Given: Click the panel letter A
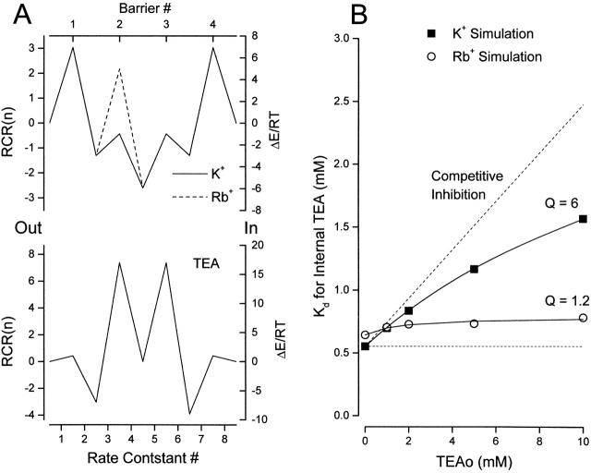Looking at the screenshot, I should coord(13,14).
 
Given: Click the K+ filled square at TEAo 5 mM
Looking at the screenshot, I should coord(475,269).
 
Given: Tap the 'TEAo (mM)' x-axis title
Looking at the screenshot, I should coord(474,461).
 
